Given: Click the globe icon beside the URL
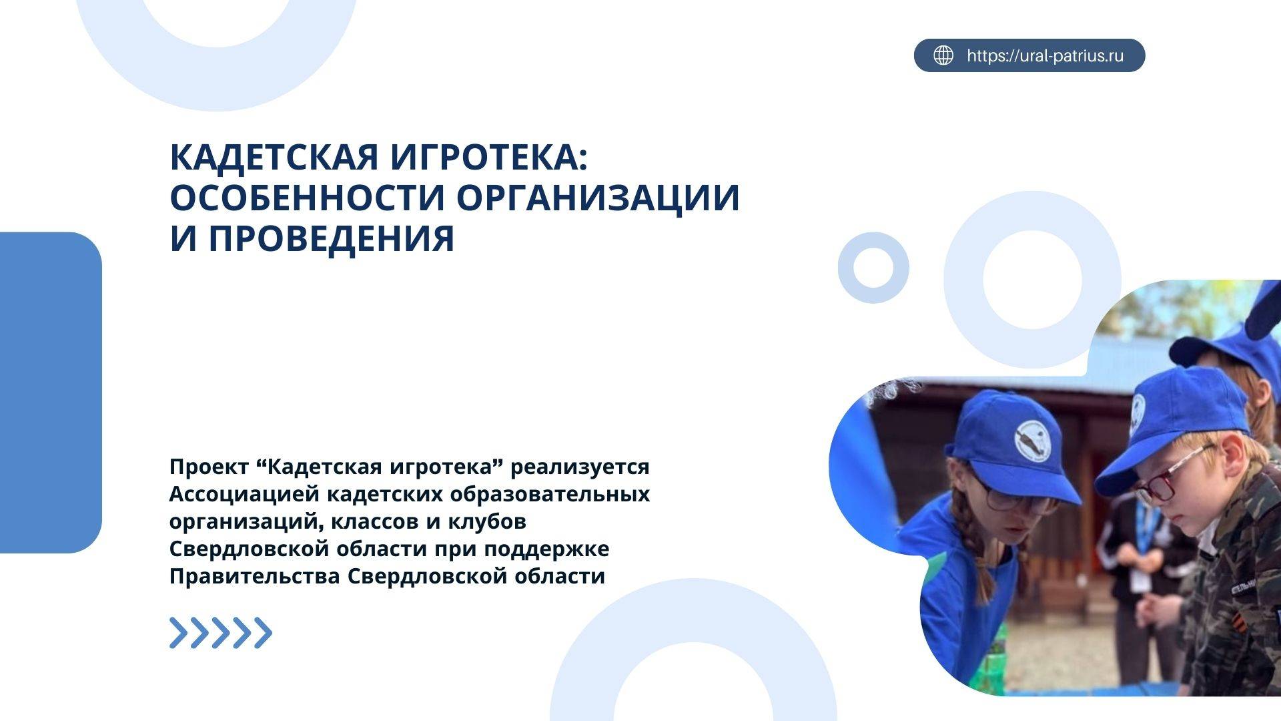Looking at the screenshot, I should click(943, 55).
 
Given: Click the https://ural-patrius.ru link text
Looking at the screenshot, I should click(1045, 55).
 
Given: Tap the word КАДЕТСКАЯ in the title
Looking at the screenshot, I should click(275, 158).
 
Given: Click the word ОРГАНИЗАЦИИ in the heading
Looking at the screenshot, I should click(598, 198).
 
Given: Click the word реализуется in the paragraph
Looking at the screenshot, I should click(580, 467).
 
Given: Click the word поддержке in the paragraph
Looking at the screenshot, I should click(546, 549).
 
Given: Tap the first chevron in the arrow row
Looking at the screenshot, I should click(178, 633).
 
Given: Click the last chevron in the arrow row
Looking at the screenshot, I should click(264, 633).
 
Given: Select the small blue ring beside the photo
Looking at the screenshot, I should click(873, 268).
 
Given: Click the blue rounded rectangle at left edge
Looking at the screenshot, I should click(50, 393).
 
